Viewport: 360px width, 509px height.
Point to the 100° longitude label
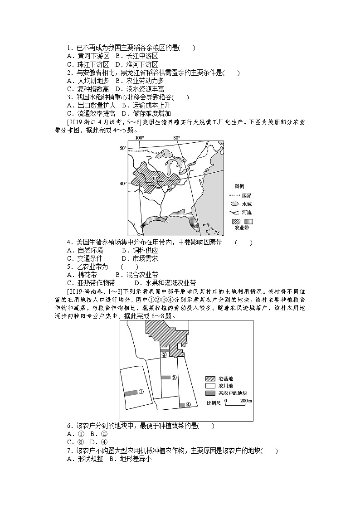click(x=139, y=137)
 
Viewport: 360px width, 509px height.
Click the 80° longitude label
click(x=176, y=137)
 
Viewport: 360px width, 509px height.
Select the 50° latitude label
click(x=122, y=148)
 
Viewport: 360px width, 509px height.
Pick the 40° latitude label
click(x=122, y=184)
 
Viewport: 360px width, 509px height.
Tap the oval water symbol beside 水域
click(x=234, y=204)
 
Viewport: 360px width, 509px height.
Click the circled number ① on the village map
click(x=141, y=392)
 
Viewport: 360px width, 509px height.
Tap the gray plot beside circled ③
click(x=165, y=377)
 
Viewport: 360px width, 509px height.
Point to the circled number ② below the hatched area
click(x=165, y=354)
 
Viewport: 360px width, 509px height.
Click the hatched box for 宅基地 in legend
click(x=210, y=378)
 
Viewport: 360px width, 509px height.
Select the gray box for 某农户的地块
click(x=210, y=393)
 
